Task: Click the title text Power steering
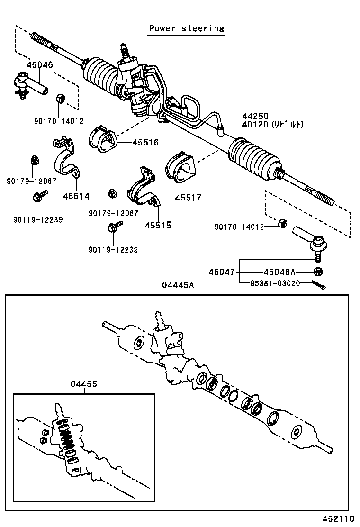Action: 187,28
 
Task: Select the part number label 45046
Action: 40,65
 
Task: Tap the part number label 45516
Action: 145,142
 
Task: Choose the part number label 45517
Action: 188,198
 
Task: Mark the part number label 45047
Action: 222,272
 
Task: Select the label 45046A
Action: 279,272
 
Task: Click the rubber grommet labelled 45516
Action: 102,139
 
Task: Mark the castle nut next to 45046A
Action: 319,272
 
